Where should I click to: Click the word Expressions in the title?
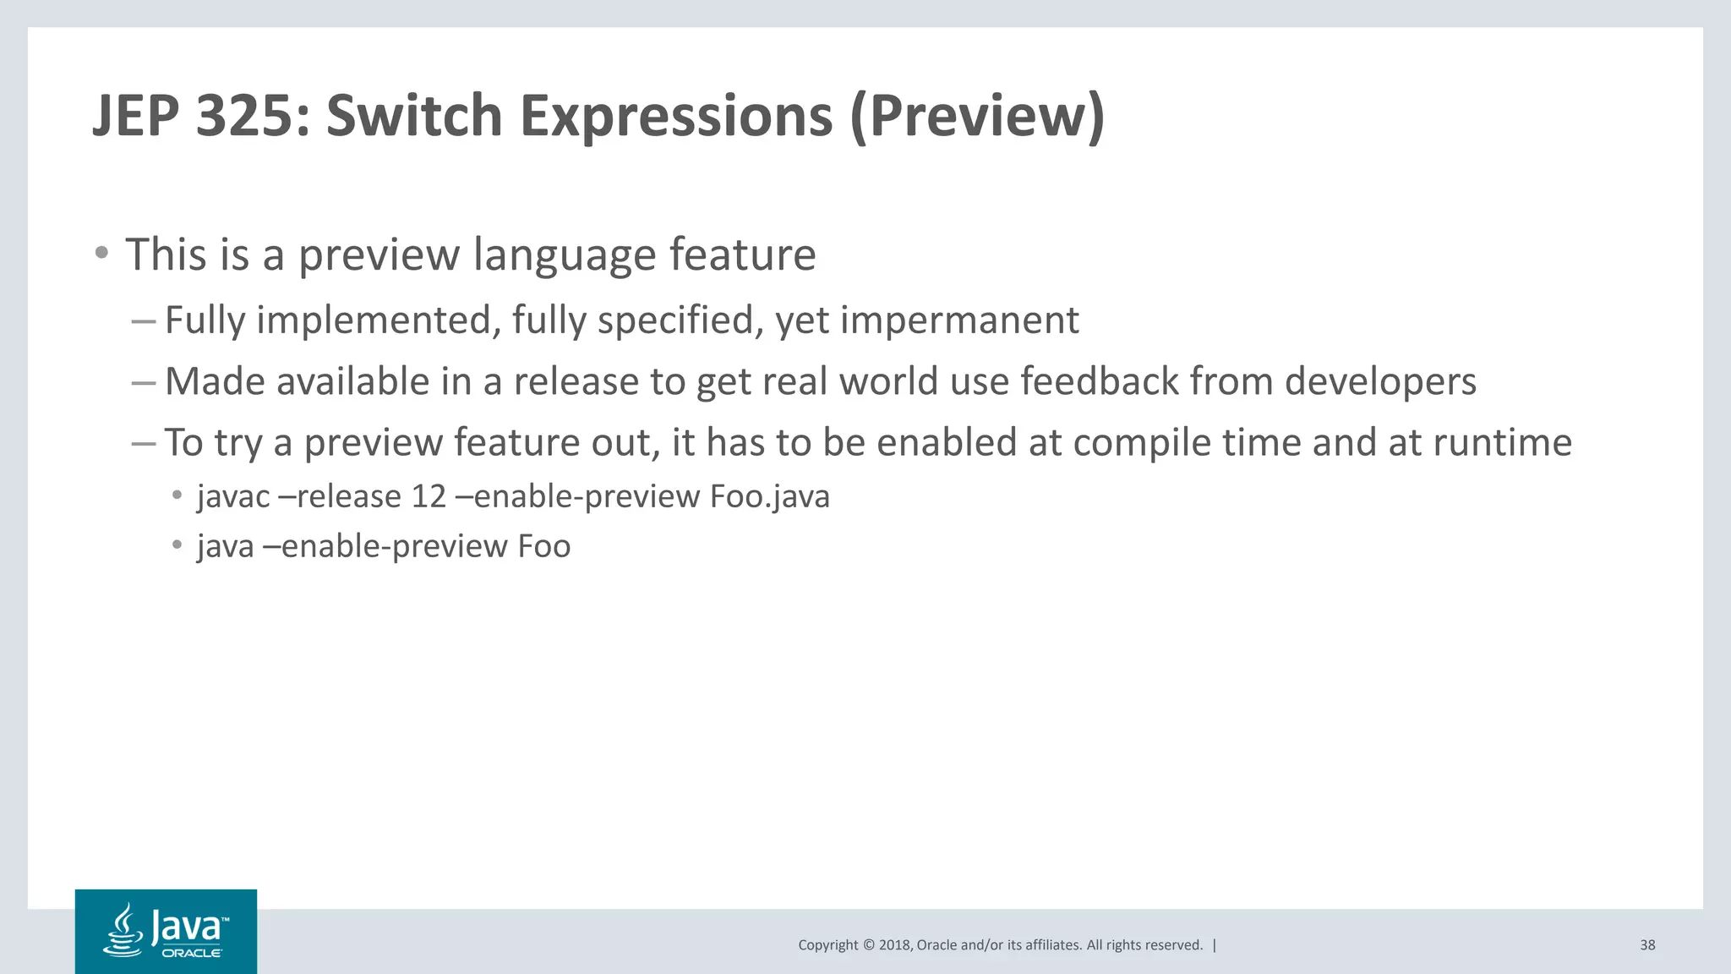pos(676,117)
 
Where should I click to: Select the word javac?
pos(233,497)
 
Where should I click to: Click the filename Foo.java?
pos(769,497)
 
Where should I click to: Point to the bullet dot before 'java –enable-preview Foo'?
pos(177,544)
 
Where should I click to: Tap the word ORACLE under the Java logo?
pos(192,953)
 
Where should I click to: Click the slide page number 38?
pos(1646,945)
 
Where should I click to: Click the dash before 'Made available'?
pos(143,382)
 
